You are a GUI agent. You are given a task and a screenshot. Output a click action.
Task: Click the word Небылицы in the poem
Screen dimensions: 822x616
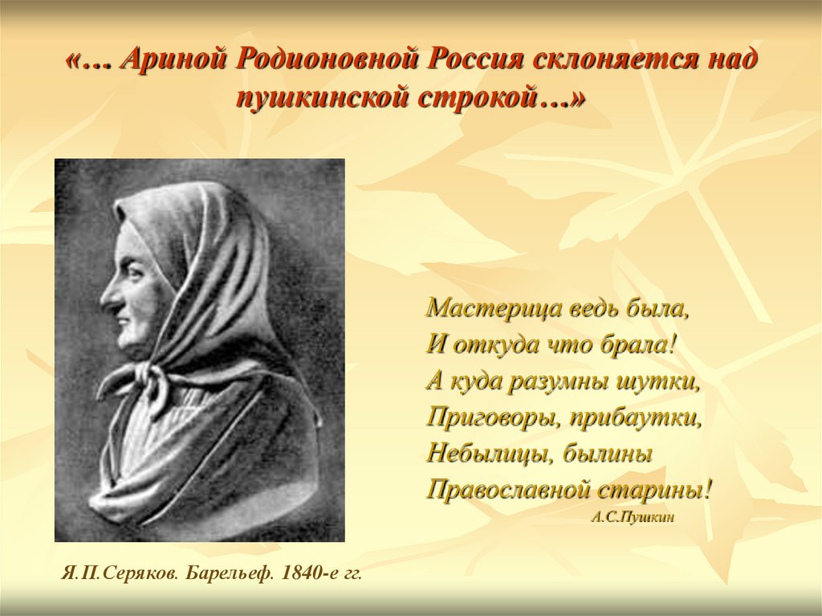pos(489,454)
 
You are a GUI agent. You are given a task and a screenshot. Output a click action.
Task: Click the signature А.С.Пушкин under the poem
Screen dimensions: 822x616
pos(632,517)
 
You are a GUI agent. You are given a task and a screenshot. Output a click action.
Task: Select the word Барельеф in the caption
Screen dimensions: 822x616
pos(229,573)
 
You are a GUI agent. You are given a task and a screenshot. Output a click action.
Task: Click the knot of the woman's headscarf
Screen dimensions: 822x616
pos(141,373)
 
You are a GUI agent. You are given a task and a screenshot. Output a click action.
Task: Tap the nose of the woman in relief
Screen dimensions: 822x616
pos(108,298)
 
